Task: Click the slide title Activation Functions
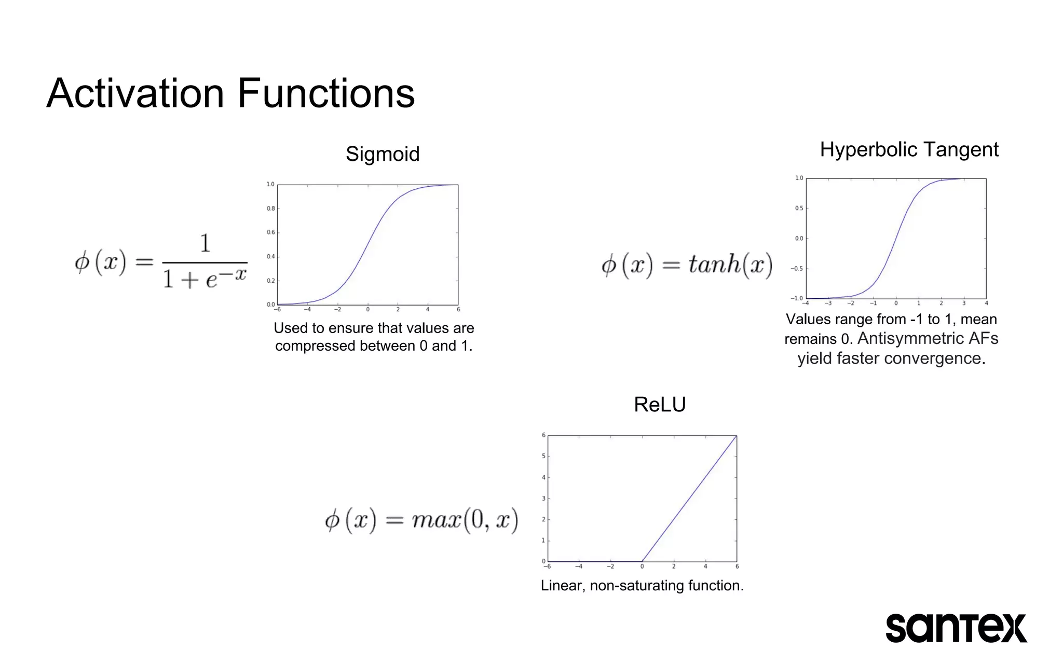230,93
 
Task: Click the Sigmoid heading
383,154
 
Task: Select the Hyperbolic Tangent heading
909,149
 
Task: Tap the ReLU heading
660,405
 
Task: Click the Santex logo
956,628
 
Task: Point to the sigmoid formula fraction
205,262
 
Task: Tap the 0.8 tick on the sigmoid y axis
270,209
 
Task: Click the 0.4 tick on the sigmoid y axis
270,257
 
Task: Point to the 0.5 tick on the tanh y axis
799,209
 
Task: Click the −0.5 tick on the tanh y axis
797,269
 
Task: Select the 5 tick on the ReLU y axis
543,457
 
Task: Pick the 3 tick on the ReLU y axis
543,499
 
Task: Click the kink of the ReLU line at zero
643,561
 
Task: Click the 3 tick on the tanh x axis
964,303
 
